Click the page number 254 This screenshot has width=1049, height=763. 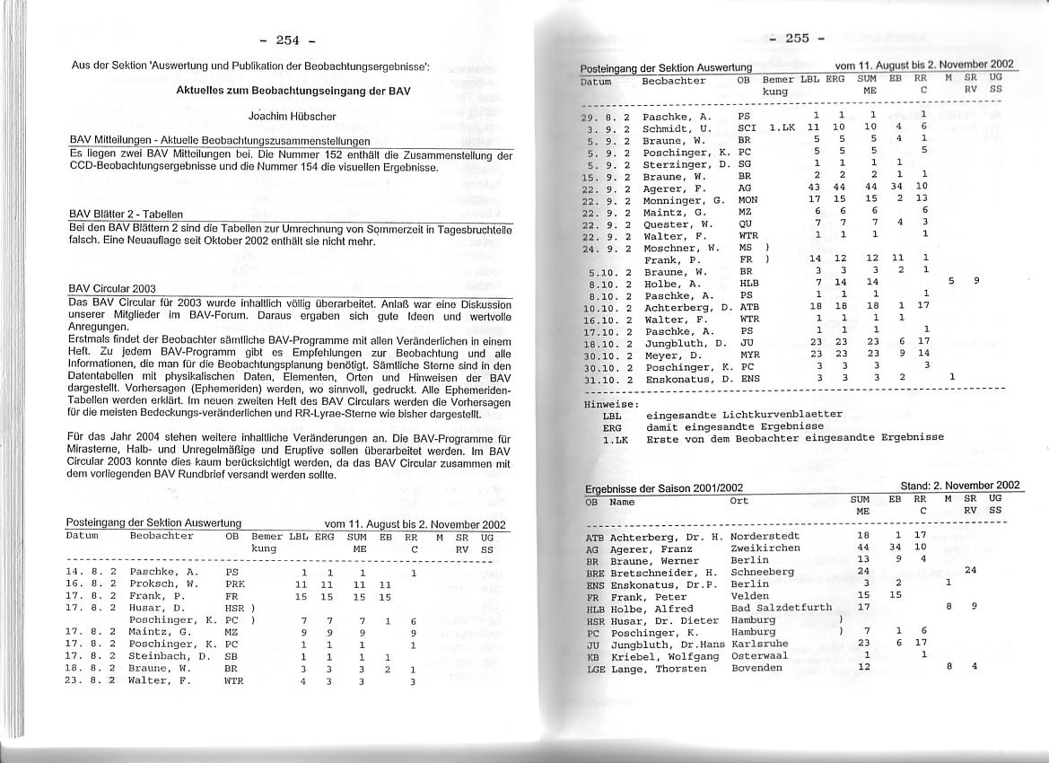(x=287, y=39)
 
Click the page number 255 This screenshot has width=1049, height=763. (x=797, y=38)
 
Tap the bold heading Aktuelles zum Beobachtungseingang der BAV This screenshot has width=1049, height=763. (x=293, y=91)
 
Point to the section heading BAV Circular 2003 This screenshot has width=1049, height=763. (x=112, y=288)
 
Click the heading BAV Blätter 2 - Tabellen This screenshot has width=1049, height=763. (x=126, y=215)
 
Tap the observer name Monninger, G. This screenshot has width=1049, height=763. (x=684, y=199)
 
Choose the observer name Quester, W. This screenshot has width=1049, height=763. (x=677, y=224)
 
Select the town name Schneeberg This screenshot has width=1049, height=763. (x=762, y=572)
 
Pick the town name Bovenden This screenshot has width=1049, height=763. (x=756, y=668)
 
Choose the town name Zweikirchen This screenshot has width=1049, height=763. (x=765, y=548)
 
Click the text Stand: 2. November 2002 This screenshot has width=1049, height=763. (x=959, y=486)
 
